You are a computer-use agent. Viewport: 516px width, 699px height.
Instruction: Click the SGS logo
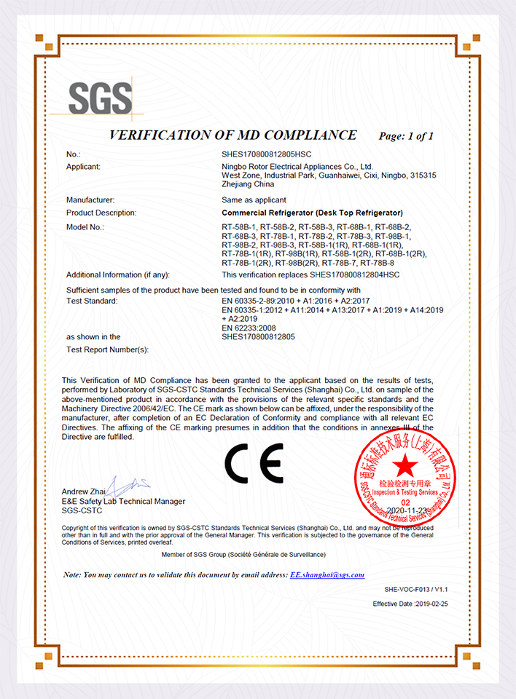pos(101,98)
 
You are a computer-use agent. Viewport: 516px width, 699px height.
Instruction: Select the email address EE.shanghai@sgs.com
pos(327,574)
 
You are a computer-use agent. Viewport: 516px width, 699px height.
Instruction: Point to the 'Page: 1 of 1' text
pos(406,136)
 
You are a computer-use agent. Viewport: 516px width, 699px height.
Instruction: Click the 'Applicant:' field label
pos(83,167)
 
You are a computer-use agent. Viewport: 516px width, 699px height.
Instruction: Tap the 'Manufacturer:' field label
pos(90,200)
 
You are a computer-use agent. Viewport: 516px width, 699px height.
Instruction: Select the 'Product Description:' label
pos(101,213)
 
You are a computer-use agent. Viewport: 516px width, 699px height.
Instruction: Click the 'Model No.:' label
pos(85,227)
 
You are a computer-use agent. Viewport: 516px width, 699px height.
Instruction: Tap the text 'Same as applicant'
pos(254,200)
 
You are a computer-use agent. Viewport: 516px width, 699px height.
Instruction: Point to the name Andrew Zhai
pos(84,491)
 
